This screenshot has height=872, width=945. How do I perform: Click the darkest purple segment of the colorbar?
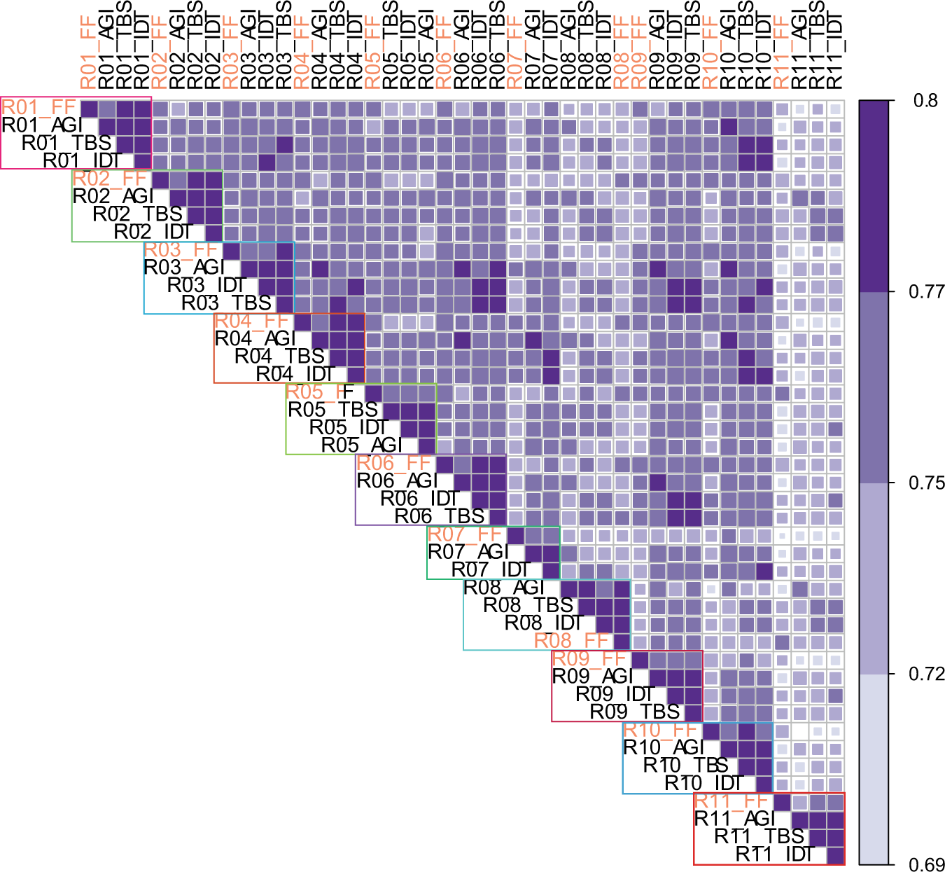click(x=874, y=195)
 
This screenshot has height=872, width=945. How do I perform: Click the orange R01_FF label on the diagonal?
click(x=38, y=107)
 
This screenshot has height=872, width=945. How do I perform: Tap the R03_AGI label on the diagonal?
click(x=184, y=268)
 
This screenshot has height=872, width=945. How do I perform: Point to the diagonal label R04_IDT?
click(x=295, y=374)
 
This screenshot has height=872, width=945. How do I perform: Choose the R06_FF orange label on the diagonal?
click(x=393, y=463)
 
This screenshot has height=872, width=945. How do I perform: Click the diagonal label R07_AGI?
click(x=468, y=552)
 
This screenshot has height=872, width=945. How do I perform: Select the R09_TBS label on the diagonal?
click(x=635, y=712)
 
